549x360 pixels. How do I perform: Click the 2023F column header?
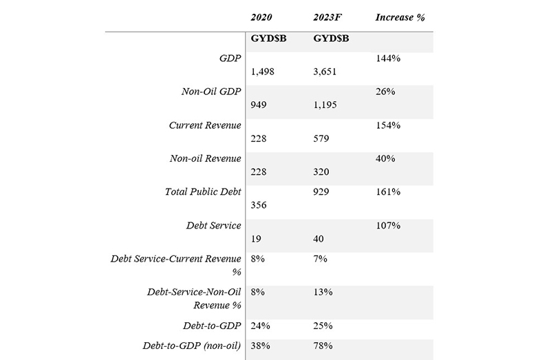pos(327,17)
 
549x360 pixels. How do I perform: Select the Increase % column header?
pos(400,17)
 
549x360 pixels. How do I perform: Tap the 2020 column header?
pos(261,17)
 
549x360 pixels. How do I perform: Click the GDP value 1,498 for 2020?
pos(263,72)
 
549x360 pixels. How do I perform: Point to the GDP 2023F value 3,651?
pos(325,72)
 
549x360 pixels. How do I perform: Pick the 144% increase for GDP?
pos(388,58)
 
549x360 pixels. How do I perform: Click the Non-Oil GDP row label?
pos(211,92)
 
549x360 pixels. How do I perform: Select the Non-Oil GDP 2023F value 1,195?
pos(325,105)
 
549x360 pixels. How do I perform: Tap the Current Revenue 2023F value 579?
pos(321,138)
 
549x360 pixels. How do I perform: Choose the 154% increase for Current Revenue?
pos(388,125)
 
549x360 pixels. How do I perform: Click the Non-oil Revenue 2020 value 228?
pos(259,171)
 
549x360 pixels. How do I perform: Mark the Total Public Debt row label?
pos(203,191)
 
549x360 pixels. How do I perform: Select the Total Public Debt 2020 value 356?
pos(259,205)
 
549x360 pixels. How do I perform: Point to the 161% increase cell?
pos(388,191)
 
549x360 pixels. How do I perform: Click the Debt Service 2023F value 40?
pos(319,238)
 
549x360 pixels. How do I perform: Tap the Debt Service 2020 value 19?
pos(256,238)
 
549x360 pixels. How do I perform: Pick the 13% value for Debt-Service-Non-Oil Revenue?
pos(323,292)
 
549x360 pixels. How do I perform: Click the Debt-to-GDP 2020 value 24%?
pos(261,326)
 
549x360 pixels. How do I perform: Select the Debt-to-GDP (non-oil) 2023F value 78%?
pos(323,346)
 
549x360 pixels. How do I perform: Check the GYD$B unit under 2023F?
pos(331,38)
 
